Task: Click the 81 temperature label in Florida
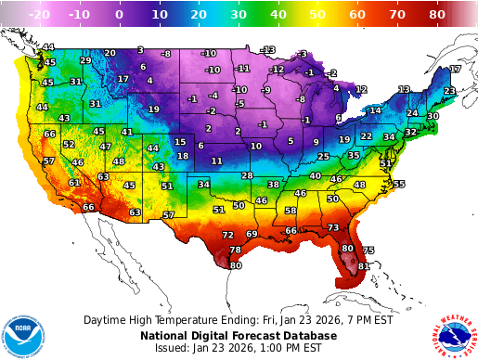tap(364, 266)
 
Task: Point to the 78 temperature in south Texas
tap(235, 251)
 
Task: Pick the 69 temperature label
tap(252, 234)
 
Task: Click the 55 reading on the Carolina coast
tap(399, 184)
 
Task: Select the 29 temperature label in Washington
tap(85, 60)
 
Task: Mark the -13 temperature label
tap(268, 49)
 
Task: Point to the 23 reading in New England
tap(449, 91)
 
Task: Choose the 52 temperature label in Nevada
tap(69, 145)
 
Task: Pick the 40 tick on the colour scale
tap(276, 15)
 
